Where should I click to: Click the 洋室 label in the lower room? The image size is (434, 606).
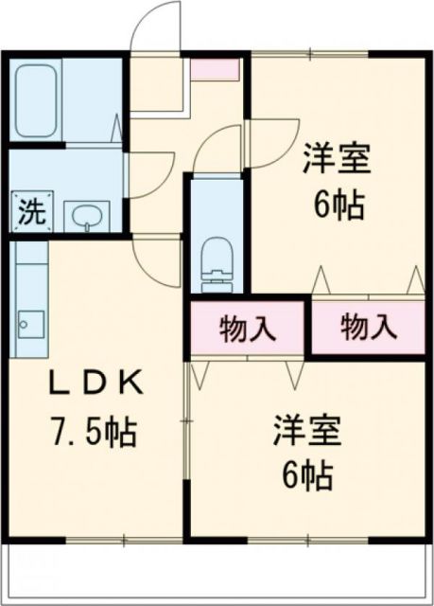[x=305, y=429]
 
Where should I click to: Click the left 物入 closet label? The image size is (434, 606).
[x=248, y=329]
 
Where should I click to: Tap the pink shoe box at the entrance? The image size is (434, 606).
[x=217, y=69]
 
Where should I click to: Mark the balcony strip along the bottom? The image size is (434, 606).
[x=217, y=573]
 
